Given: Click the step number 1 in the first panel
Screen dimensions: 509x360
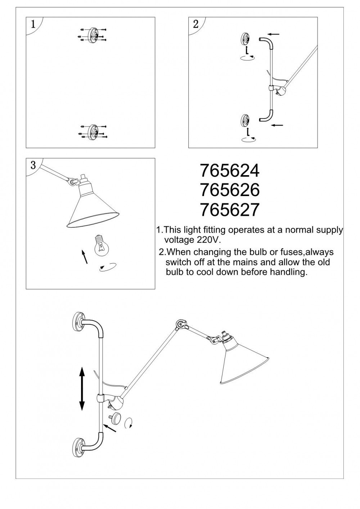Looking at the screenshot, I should pos(33,24).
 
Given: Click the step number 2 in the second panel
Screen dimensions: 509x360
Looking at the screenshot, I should pos(195,24).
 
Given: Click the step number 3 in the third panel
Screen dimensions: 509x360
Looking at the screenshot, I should pos(33,165).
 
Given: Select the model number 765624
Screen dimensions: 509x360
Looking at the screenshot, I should pos(229,171).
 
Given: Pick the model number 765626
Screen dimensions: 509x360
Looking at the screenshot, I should pos(229,190).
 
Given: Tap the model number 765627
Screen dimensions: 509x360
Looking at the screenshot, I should pos(229,210).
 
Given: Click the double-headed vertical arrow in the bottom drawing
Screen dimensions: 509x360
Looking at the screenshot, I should pos(82,388).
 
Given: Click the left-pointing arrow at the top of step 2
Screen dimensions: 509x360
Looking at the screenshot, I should pos(274,35).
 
